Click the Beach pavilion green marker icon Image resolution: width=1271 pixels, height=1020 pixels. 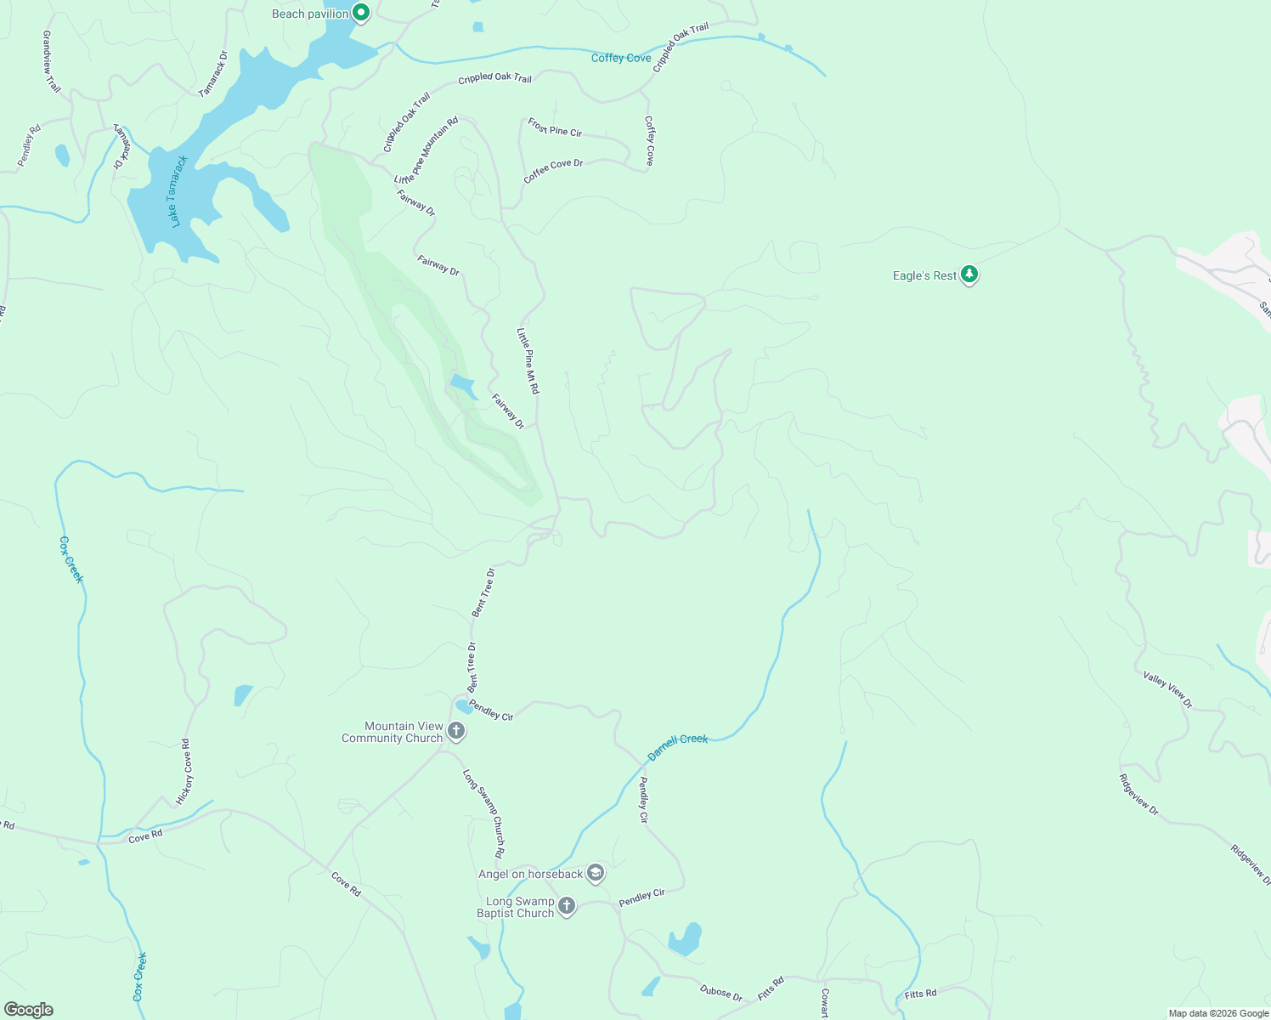pos(361,13)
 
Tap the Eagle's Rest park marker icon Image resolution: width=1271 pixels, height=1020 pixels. pos(969,275)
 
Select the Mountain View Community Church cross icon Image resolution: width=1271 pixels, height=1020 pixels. pos(456,731)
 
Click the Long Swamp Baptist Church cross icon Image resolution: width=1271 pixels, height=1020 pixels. pos(567,906)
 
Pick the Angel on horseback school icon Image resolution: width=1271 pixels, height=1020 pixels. pos(596,873)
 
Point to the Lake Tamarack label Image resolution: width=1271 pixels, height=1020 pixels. pos(178,191)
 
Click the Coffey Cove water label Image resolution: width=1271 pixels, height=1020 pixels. pos(621,58)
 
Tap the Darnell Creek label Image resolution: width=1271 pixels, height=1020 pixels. pos(677,746)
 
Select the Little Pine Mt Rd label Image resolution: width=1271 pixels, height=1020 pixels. pos(528,360)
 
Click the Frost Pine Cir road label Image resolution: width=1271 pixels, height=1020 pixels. pos(555,127)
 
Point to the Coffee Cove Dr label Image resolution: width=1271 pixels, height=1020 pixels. pos(553,170)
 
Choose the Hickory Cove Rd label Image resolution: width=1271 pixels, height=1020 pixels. pos(184,772)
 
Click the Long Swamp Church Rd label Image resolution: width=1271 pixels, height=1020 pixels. pos(483,813)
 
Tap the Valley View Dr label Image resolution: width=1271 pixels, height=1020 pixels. pos(1168,689)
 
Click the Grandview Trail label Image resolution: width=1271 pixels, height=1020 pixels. pos(52,62)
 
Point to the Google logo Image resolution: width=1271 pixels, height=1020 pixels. pos(28,1010)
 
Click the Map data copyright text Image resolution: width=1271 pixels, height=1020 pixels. pos(1218,1013)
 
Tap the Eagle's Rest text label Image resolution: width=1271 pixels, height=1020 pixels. pos(924,275)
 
